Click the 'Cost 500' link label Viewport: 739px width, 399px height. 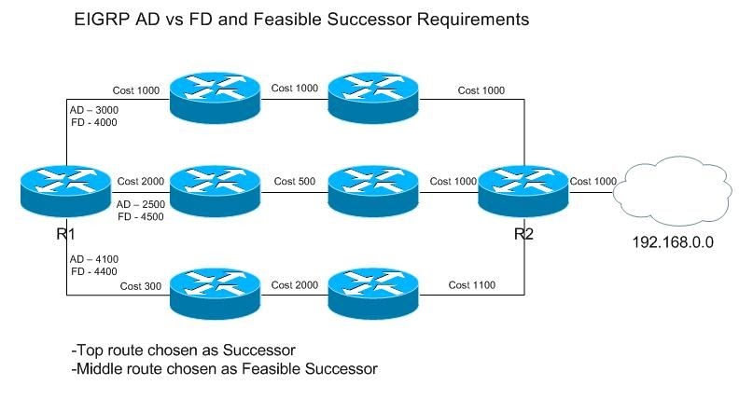pos(293,180)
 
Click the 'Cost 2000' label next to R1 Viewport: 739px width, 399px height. pos(141,180)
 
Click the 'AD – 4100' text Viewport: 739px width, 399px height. pos(93,258)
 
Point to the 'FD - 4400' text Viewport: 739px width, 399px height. pos(93,272)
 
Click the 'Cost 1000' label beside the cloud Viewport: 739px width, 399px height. pos(593,180)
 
